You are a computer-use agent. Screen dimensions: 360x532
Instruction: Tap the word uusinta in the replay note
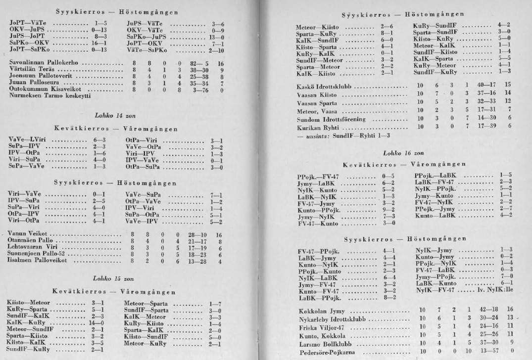(313, 135)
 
